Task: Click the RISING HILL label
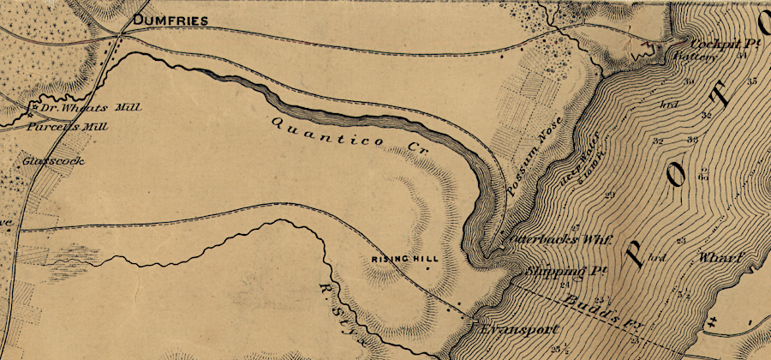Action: click(x=398, y=259)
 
